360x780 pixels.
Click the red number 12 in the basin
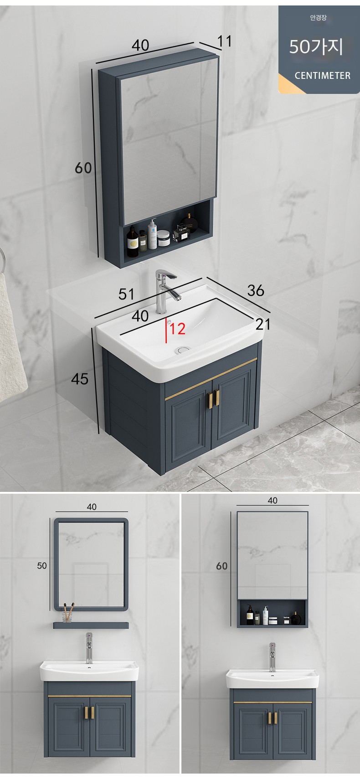178,329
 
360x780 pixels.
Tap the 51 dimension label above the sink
126,294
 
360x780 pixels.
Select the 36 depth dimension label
256,290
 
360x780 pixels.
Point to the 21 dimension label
263,324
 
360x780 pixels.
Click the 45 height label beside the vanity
80,379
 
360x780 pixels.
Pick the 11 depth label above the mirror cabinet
225,41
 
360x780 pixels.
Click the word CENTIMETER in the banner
322,76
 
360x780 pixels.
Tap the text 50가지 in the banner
316,46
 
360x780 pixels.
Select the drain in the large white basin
182,349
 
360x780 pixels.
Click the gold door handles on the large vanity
215,398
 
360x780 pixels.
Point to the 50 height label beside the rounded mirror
42,566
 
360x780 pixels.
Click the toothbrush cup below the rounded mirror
68,612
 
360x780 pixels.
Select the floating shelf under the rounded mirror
91,626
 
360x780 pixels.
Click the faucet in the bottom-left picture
89,648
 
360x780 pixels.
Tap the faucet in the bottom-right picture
272,657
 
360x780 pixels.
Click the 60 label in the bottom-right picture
222,566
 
